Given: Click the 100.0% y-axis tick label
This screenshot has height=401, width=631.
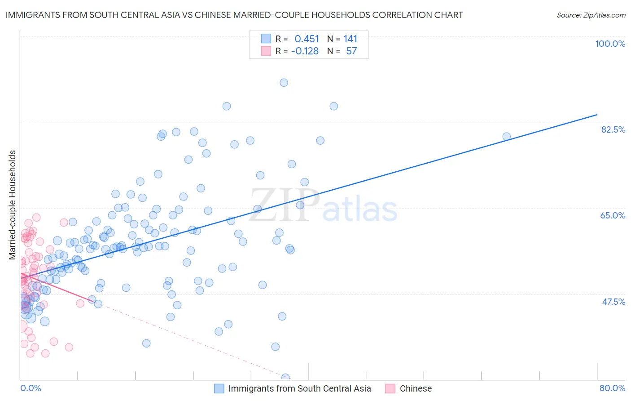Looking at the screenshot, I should [610, 44].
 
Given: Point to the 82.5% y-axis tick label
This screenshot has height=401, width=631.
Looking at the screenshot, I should [613, 129].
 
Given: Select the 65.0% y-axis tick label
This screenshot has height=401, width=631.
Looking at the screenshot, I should [613, 215].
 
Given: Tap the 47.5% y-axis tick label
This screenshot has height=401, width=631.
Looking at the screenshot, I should [613, 302].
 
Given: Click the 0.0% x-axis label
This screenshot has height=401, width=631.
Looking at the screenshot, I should [31, 388].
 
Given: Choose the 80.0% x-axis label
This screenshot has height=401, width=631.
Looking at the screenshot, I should [612, 388].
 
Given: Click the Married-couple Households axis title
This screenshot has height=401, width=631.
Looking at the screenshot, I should [13, 205].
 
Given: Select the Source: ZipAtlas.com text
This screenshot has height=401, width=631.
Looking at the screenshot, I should [591, 15].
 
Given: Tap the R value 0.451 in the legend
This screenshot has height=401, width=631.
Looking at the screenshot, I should [307, 39].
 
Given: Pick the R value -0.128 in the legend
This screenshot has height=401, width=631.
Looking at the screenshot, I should [305, 51].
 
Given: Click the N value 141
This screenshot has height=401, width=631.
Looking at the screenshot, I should [350, 39].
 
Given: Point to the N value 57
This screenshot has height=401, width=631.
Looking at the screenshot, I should [351, 51].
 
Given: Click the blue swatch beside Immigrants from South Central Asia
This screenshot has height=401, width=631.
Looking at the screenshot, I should [219, 388].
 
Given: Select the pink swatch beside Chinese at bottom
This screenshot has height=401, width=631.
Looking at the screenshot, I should [390, 388].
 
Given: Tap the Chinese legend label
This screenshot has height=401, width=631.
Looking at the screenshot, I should [416, 388].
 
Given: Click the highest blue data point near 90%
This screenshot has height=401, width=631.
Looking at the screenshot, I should [284, 83].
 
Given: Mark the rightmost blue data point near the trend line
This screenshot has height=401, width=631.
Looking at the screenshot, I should [506, 137].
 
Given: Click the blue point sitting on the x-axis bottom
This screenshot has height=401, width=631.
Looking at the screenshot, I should [285, 377].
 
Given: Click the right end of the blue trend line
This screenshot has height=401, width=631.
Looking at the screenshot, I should [597, 115].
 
